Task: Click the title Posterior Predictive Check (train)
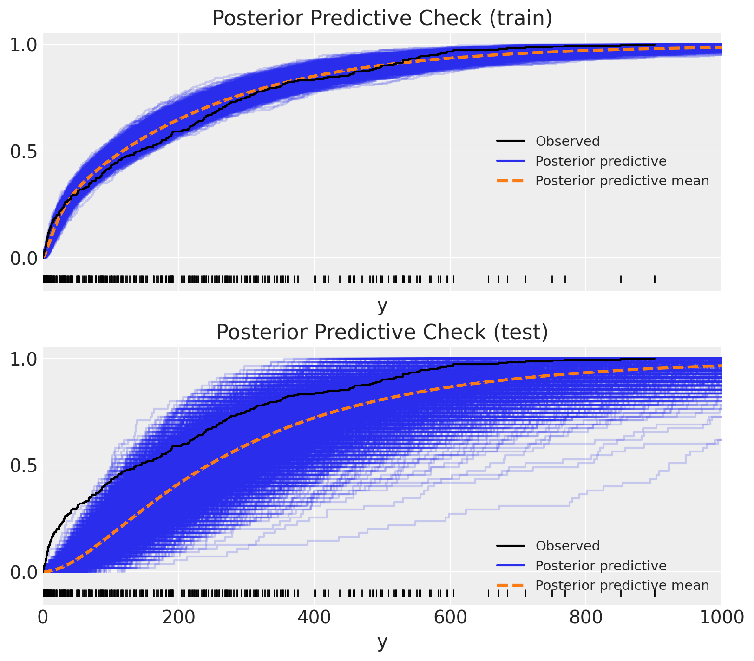(382, 18)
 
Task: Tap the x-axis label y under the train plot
(382, 305)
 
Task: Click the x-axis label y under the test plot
(382, 641)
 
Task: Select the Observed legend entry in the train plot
(567, 141)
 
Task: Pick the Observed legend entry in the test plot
(567, 546)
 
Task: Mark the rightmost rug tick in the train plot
(654, 279)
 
